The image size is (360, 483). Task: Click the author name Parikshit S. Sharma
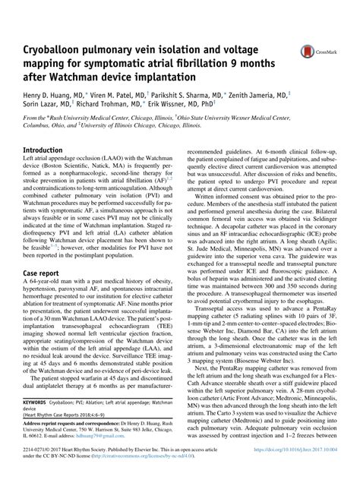[191, 98]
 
